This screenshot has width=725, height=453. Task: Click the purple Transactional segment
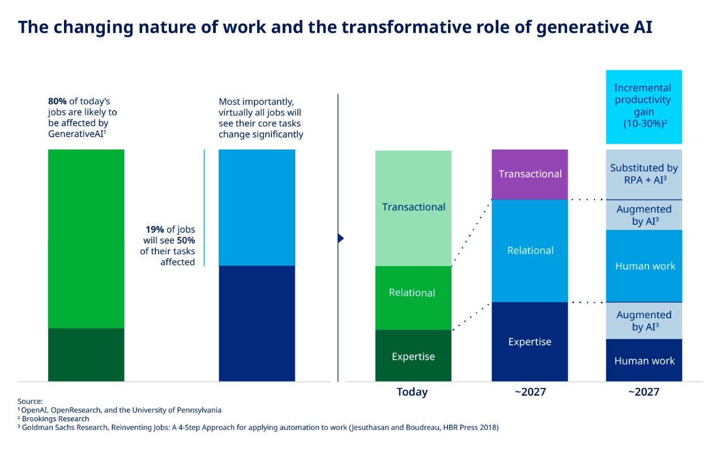pos(530,174)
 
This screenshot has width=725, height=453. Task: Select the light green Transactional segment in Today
pos(413,207)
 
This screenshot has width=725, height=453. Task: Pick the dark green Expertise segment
pos(413,356)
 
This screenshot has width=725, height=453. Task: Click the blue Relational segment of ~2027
pos(530,250)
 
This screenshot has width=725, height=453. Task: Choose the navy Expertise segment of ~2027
pos(530,341)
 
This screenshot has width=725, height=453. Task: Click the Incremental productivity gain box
pos(643,106)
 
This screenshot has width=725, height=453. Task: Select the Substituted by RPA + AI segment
pos(643,174)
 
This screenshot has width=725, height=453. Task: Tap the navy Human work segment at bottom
pos(643,360)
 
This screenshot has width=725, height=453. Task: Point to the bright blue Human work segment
pos(643,266)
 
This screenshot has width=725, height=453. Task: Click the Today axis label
pos(412,392)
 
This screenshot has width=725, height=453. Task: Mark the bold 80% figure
pos(57,101)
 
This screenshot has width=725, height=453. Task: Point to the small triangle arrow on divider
pos(341,238)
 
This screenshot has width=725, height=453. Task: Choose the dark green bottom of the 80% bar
pos(86,354)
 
